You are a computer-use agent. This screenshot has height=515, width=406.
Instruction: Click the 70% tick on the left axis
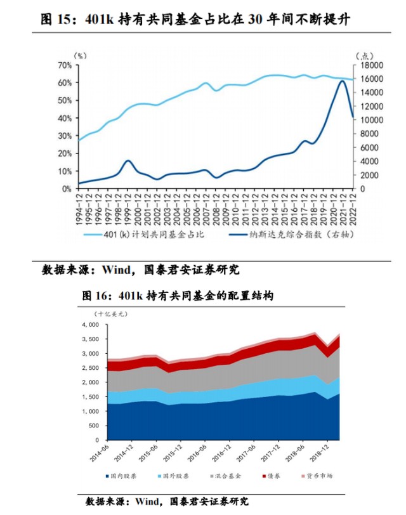coord(65,65)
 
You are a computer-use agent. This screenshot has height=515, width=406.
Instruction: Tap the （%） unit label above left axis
coord(80,55)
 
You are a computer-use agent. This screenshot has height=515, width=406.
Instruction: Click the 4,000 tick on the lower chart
coord(91,325)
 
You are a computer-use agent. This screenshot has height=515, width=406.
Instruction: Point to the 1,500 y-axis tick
coord(91,397)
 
